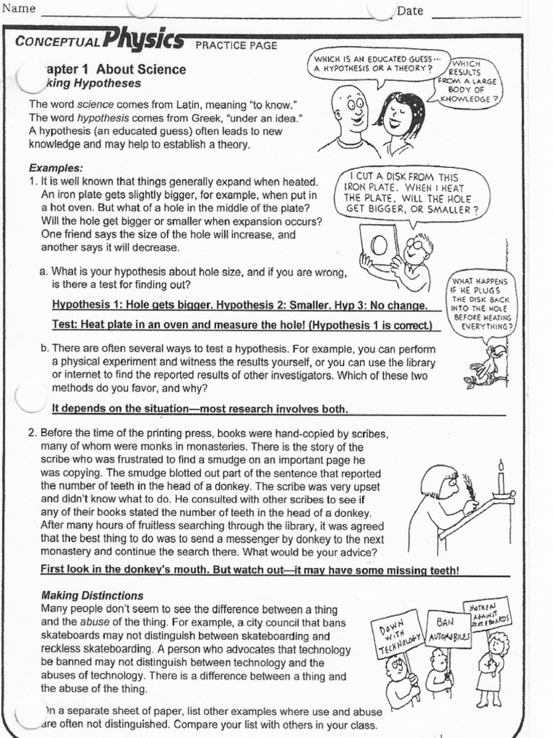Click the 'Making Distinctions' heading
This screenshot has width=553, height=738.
click(92, 596)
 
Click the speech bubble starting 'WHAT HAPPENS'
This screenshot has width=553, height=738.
click(480, 303)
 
